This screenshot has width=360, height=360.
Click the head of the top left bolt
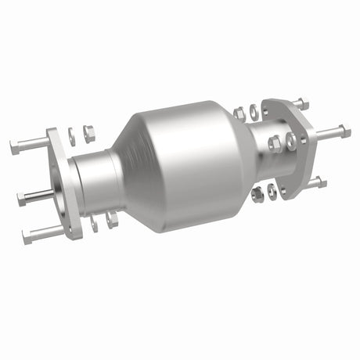tap(16, 146)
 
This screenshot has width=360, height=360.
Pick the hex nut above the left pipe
tap(89, 134)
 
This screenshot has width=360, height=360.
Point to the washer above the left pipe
tap(73, 135)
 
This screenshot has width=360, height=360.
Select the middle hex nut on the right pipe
tap(275, 143)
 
